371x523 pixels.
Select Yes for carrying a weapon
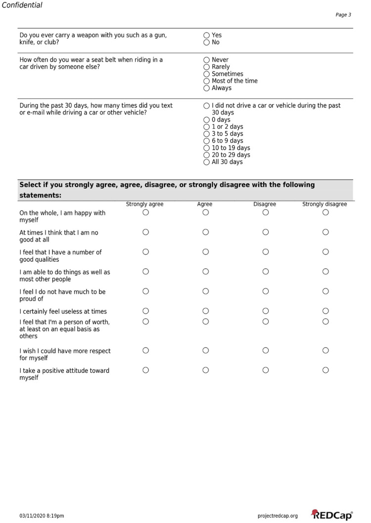206,36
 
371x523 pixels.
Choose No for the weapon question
206,42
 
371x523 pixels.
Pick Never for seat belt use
206,60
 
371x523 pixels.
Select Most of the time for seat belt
206,81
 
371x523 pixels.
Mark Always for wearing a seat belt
206,88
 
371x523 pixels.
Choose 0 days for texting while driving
206,120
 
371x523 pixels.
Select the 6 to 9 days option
206,141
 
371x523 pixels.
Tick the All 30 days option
206,162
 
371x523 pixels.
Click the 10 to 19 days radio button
206,148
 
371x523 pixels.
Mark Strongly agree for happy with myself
145,212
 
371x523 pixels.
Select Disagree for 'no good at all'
266,232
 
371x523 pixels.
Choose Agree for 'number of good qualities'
206,252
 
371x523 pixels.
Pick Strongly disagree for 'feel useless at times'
325,311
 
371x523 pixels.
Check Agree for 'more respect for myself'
206,351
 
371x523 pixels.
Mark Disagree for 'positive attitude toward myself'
266,370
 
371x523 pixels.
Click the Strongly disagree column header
325,204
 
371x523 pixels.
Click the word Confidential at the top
22,5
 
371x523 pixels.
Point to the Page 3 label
343,15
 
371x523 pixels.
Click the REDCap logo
331,515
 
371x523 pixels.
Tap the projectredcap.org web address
278,516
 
